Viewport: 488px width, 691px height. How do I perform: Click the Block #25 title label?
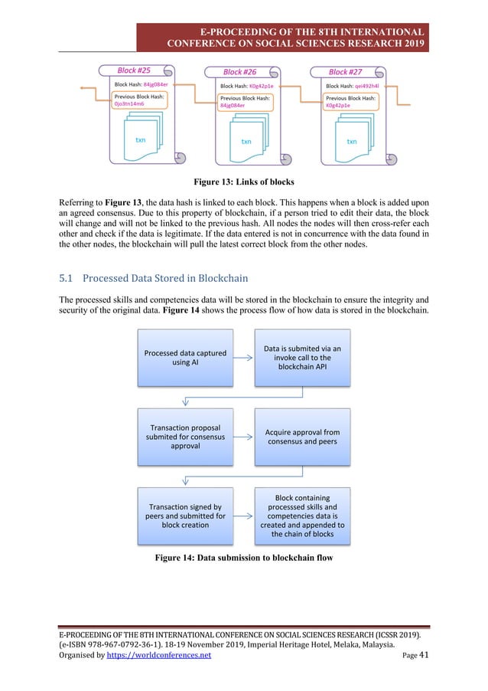point(133,70)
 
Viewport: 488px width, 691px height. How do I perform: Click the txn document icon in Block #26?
point(247,137)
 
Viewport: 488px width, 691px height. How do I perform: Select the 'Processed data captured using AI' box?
point(184,358)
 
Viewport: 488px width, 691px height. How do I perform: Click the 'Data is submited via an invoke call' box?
point(302,358)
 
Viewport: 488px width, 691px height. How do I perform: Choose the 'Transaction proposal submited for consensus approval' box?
point(184,437)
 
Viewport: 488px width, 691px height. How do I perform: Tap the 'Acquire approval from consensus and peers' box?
point(302,437)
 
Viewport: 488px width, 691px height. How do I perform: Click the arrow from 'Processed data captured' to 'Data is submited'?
point(243,358)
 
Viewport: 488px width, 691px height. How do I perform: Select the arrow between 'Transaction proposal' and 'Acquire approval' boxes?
point(243,437)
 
